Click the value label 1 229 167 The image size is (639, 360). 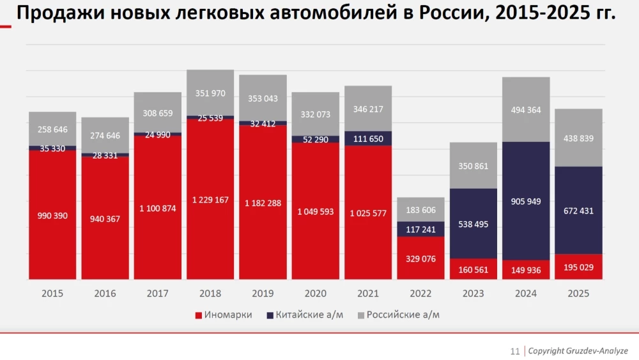(210, 200)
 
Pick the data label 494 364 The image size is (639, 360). (526, 110)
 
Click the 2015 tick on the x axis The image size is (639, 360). (52, 293)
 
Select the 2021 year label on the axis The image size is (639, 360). (368, 293)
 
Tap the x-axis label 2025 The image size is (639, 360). (578, 293)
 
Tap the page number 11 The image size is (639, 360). (514, 351)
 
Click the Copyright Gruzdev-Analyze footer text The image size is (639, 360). (578, 351)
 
